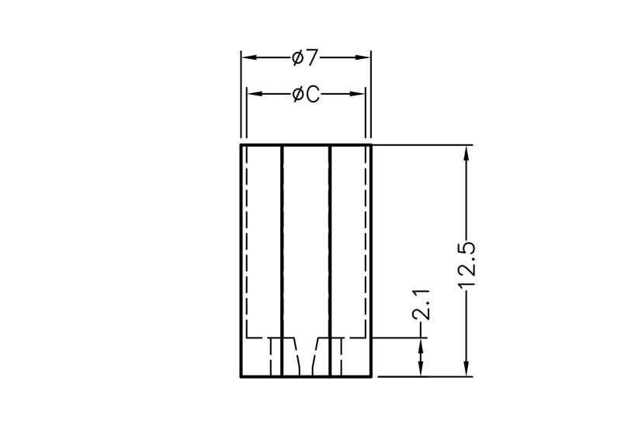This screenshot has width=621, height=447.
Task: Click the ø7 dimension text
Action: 305,57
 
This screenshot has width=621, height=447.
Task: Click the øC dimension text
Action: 306,94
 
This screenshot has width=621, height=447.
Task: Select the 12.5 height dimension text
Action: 467,265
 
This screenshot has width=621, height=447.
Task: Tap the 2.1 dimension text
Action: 421,304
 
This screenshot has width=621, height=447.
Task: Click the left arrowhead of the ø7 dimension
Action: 249,57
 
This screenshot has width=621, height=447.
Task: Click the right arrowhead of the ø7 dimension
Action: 363,57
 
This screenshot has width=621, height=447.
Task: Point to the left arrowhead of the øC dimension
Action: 255,94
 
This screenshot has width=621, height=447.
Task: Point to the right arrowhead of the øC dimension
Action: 357,94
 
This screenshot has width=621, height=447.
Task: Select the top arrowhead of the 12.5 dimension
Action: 467,153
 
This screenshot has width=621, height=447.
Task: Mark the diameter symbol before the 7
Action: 298,57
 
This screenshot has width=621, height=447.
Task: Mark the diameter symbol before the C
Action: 298,94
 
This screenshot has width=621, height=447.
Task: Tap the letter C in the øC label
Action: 313,95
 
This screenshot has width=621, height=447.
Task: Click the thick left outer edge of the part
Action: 241,261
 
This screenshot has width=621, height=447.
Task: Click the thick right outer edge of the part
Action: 371,261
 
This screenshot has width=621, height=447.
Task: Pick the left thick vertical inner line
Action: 282,261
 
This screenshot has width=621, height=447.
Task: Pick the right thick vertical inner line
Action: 329,261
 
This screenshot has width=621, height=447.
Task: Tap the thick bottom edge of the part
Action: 306,376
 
